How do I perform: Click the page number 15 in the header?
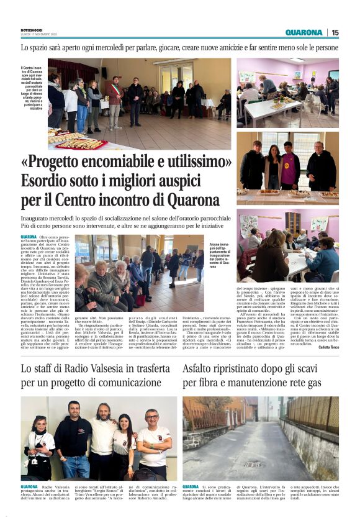pyautogui.click(x=335, y=32)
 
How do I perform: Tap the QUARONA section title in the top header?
pyautogui.click(x=304, y=32)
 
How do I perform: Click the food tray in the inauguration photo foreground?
pyautogui.click(x=81, y=143)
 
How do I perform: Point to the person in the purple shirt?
pyautogui.click(x=289, y=168)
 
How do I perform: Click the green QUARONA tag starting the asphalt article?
pyautogui.click(x=191, y=487)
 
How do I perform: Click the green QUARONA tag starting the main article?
pyautogui.click(x=29, y=237)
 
